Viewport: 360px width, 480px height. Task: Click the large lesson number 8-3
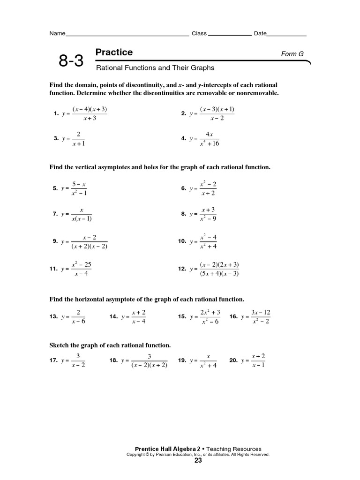71,61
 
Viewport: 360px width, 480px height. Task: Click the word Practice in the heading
114,52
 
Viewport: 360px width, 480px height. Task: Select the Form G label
292,54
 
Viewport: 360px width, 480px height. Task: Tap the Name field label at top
57,34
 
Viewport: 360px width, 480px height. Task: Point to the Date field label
260,34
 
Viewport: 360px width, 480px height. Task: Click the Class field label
199,34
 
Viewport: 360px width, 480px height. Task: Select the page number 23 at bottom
198,460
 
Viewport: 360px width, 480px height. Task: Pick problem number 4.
184,139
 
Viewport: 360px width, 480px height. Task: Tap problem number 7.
55,214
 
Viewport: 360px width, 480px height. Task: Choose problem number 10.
182,241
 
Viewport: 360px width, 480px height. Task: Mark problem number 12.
182,269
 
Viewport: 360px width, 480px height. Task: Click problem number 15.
182,317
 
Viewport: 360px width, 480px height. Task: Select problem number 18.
113,360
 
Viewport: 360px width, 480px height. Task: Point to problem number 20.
233,360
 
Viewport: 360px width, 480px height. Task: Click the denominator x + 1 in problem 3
78,144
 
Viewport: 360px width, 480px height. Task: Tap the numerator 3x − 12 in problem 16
261,312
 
